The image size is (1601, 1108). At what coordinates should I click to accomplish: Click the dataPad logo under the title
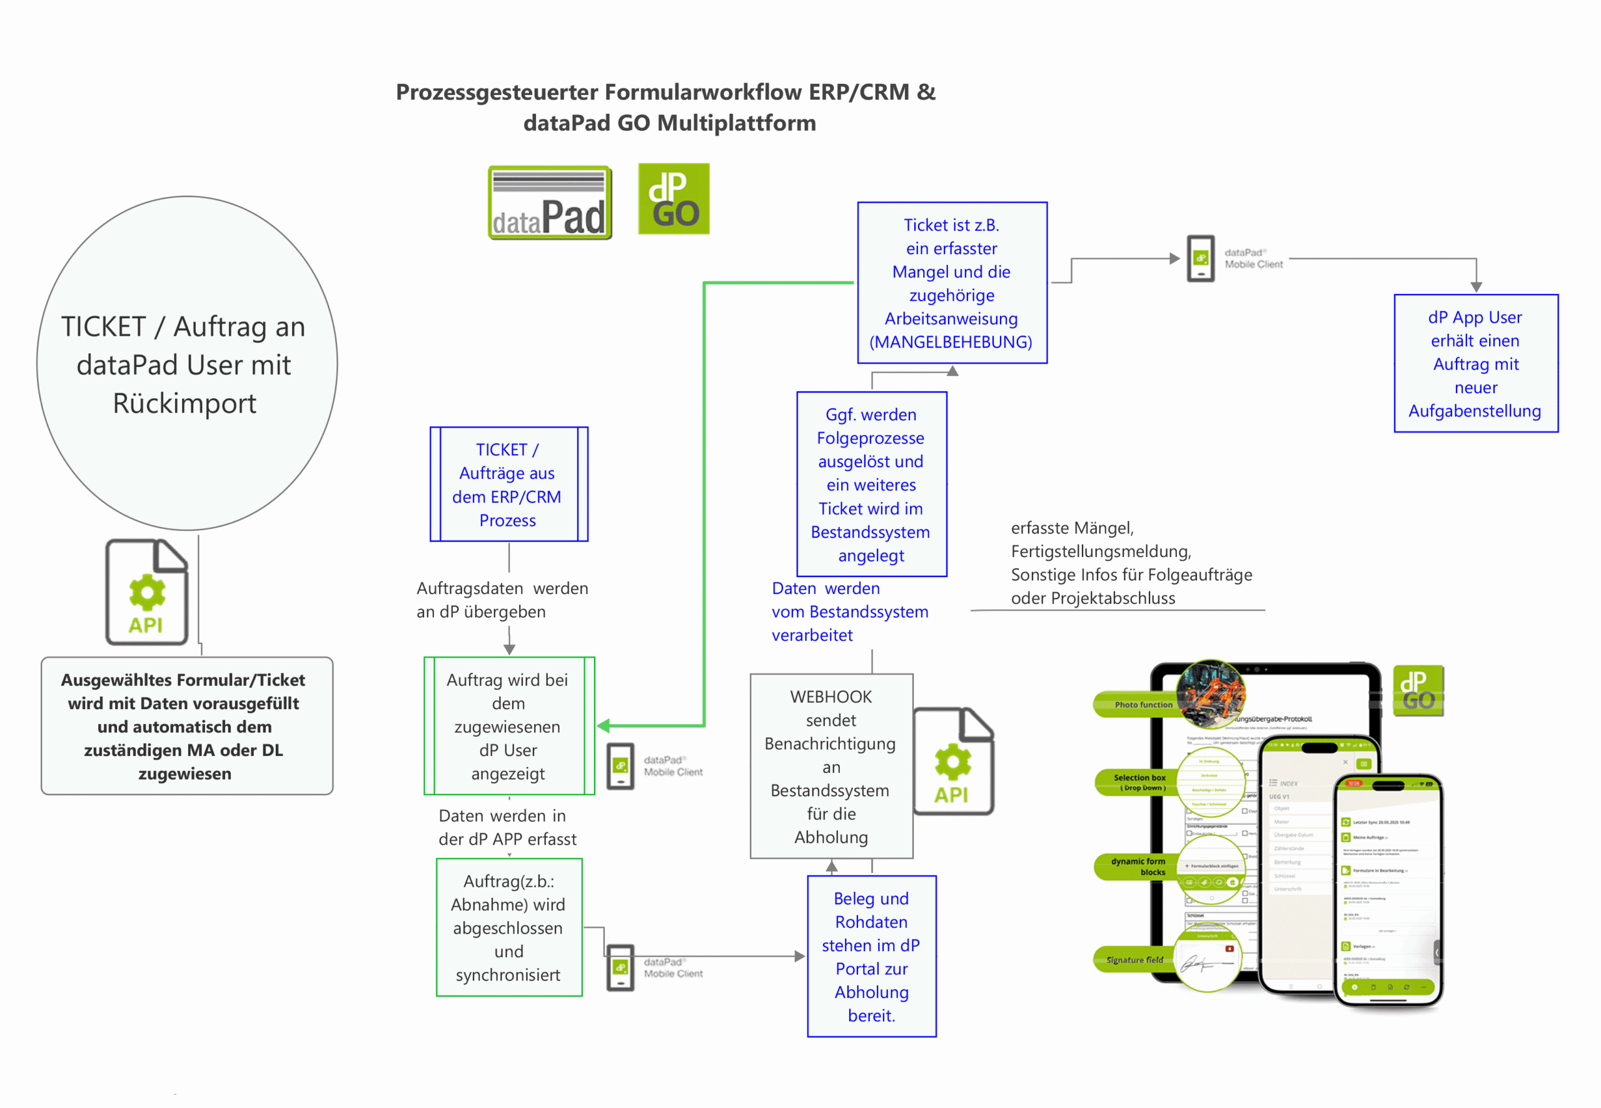tap(549, 203)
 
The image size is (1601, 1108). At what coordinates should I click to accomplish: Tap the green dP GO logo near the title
tap(674, 199)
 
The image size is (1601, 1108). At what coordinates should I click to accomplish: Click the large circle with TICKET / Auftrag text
tap(187, 363)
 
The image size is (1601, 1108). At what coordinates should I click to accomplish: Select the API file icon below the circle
tap(146, 592)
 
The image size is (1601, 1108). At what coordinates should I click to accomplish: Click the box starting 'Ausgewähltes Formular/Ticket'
tap(187, 725)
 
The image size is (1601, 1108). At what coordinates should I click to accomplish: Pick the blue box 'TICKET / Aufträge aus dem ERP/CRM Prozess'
tap(508, 484)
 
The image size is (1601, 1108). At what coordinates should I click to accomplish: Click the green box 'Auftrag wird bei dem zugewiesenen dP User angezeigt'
tap(508, 725)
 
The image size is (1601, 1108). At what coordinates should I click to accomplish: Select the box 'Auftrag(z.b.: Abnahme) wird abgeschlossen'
tap(508, 927)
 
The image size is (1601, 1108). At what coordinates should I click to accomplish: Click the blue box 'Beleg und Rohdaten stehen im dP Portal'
tap(871, 956)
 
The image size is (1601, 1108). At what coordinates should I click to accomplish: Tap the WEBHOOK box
tap(831, 766)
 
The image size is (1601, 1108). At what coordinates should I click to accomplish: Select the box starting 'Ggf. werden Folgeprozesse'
tap(871, 484)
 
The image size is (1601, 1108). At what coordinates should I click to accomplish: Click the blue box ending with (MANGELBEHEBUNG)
tap(952, 283)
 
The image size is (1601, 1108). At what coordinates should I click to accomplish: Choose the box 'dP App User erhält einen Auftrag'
tap(1475, 363)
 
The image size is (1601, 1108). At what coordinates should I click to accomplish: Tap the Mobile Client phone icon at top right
tap(1200, 258)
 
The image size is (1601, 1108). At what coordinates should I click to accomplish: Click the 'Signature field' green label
tap(1133, 960)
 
